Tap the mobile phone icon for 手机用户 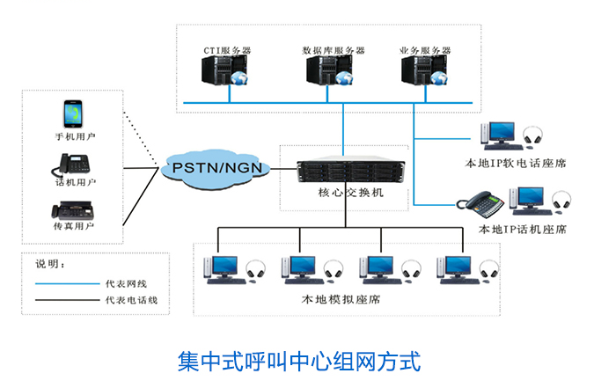pos(74,115)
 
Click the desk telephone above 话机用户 pos(75,165)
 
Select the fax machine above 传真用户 pos(75,210)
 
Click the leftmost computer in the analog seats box pos(219,267)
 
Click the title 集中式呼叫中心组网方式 pos(299,361)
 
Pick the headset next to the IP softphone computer pos(532,136)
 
